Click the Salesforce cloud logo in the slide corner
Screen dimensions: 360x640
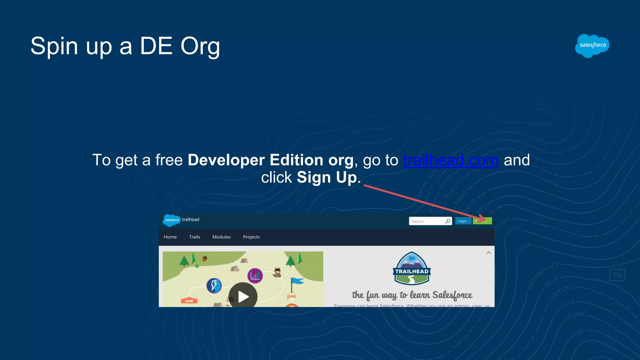(x=592, y=46)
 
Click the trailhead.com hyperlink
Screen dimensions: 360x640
(x=451, y=160)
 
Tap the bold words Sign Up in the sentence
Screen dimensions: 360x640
(x=327, y=177)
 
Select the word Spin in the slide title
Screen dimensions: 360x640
(x=54, y=46)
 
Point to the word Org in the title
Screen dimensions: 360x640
(x=200, y=46)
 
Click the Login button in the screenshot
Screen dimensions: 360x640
(x=463, y=221)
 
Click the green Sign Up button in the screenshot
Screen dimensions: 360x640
(x=482, y=221)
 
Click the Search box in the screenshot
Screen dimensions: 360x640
(x=427, y=221)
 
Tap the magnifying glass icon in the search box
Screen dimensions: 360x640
(x=448, y=221)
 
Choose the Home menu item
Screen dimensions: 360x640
(x=170, y=237)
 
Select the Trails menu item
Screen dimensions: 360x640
(x=194, y=237)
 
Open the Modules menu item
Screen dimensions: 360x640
(x=221, y=237)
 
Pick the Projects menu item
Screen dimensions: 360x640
(x=251, y=237)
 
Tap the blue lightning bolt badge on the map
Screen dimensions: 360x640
(x=214, y=285)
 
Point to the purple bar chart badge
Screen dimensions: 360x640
(x=255, y=276)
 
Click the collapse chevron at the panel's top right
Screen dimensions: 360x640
(x=488, y=252)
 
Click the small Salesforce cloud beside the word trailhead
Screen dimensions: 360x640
(x=172, y=220)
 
